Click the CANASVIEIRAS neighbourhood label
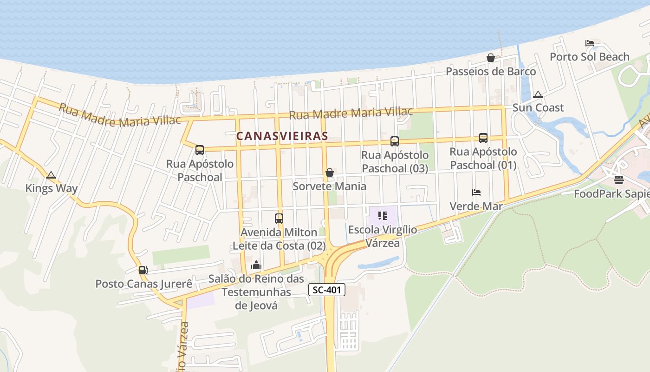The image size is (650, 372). (282, 136)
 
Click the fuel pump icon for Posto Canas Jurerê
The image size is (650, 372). (143, 270)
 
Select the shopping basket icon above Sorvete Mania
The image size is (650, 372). (330, 173)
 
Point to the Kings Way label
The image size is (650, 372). (52, 188)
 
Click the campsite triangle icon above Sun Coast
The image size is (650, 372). (538, 94)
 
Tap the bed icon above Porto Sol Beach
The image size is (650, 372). (590, 43)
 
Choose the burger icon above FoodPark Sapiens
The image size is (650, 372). (618, 180)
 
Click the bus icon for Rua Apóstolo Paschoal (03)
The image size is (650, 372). (394, 141)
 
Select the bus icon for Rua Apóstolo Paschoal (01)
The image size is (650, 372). (483, 138)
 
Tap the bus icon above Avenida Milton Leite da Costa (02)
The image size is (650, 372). (279, 218)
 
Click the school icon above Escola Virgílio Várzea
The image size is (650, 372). (383, 216)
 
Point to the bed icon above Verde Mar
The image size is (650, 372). (476, 192)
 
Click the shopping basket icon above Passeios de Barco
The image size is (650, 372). (490, 58)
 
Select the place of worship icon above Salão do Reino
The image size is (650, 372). (256, 266)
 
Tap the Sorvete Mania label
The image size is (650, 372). (329, 186)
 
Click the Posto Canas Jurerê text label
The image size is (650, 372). (143, 284)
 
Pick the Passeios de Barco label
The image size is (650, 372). (491, 72)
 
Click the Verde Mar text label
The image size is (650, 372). (476, 206)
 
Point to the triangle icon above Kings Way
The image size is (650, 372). (51, 175)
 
